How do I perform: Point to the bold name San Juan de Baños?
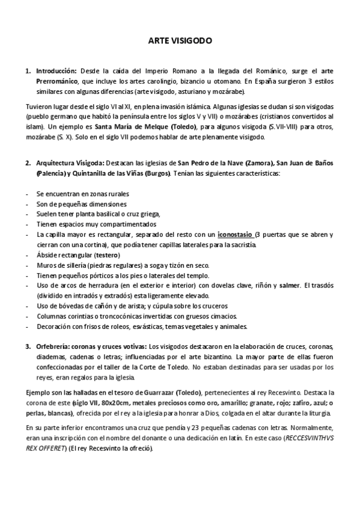(305, 164)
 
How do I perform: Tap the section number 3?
(28, 348)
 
